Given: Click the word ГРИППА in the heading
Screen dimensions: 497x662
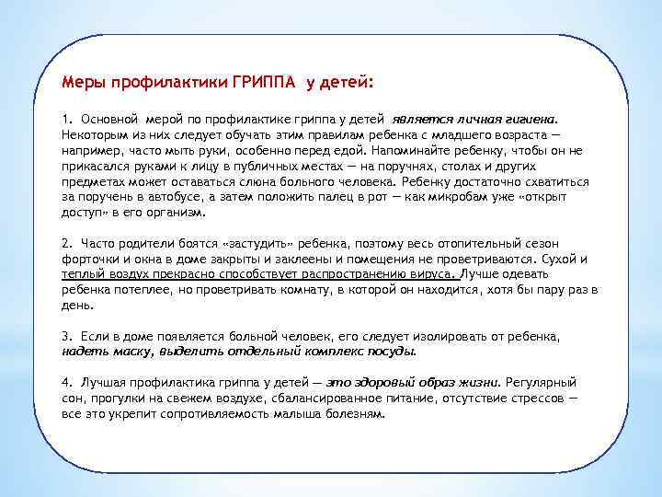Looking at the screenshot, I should [x=265, y=83].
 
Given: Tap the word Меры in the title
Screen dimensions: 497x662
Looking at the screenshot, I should [x=84, y=83].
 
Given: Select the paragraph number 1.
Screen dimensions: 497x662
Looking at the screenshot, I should [x=66, y=119].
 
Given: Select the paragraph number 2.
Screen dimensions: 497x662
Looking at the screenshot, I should [x=66, y=243].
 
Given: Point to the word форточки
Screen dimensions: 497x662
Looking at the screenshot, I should [x=90, y=259].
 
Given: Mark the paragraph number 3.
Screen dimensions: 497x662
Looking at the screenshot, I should [x=66, y=336].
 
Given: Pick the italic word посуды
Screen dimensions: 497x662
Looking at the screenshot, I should [x=393, y=351].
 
